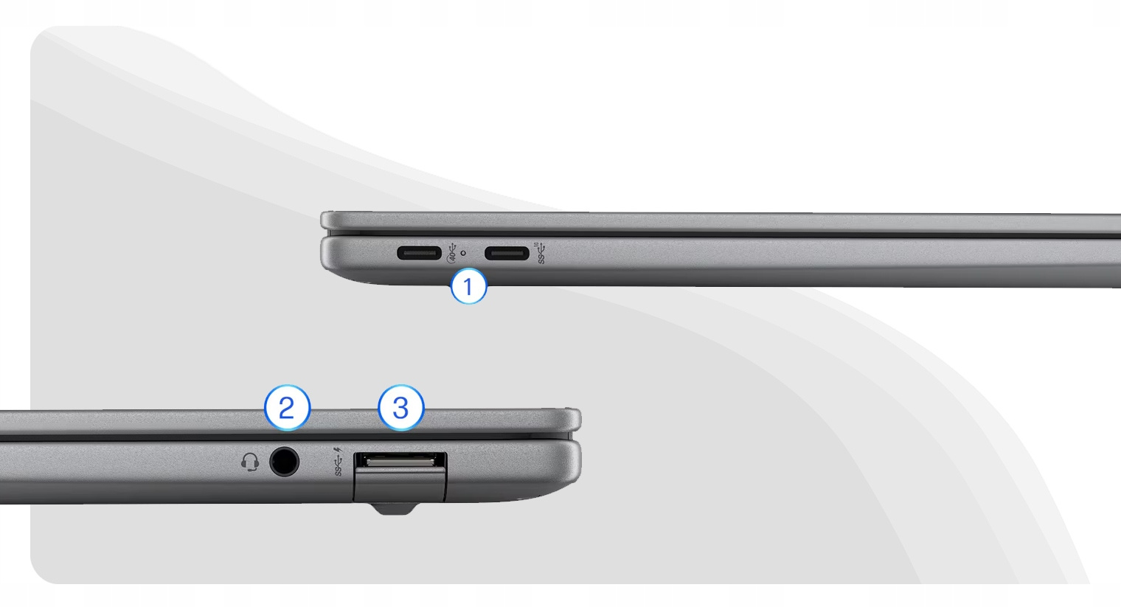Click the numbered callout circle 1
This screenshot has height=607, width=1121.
click(468, 287)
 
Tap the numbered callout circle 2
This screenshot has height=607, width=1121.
click(287, 408)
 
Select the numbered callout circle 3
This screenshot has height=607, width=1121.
click(401, 408)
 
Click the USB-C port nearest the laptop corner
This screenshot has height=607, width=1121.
click(420, 253)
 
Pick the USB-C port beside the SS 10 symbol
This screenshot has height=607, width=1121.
click(507, 253)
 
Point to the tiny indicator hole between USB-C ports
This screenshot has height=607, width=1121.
click(463, 253)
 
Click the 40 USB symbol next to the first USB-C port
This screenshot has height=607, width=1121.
click(451, 253)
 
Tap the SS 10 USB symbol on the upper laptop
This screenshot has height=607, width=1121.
click(541, 253)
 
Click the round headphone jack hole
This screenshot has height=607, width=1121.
click(284, 462)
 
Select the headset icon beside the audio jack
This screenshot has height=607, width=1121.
click(250, 462)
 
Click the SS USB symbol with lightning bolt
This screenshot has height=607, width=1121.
click(339, 462)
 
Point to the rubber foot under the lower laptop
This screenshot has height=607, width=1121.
click(394, 509)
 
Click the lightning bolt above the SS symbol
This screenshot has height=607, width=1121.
click(340, 451)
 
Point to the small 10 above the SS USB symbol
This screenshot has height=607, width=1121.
click(536, 245)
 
